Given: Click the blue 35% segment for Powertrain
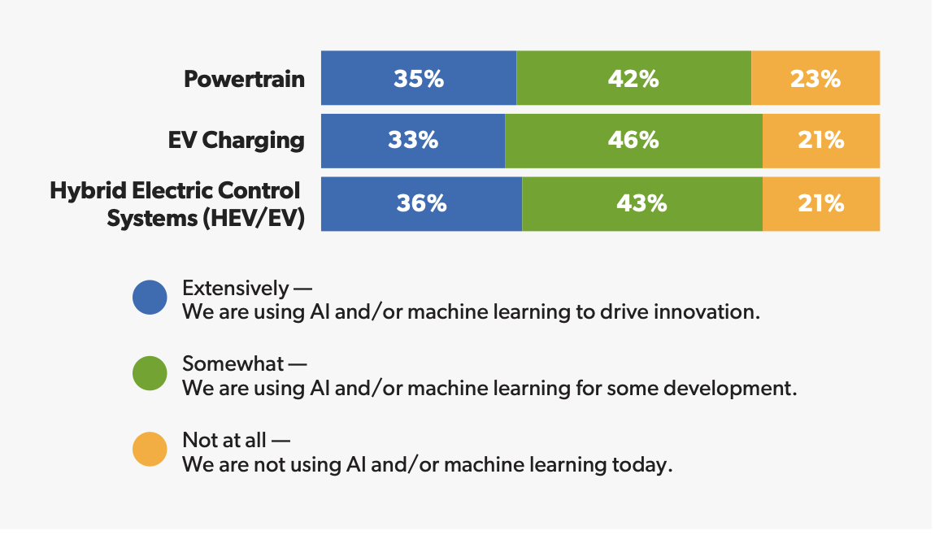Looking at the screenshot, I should [x=419, y=78].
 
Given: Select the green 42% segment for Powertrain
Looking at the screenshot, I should [x=633, y=78].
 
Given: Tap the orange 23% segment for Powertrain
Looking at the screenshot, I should [x=815, y=78].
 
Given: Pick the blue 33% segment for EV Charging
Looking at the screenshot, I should [x=413, y=141].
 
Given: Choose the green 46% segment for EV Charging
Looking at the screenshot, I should [x=633, y=141].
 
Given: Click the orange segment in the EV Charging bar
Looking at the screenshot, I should [x=821, y=141].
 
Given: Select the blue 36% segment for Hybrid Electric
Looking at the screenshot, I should [x=421, y=203].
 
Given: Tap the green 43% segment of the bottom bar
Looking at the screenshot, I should [x=641, y=203].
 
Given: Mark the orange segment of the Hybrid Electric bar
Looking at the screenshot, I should [x=821, y=203].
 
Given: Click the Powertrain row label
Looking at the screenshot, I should [x=244, y=79].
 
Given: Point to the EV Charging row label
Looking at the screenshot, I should [x=236, y=140].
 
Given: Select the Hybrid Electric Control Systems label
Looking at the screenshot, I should [x=176, y=203].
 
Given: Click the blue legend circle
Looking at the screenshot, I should [x=150, y=298].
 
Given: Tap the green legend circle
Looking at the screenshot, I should [x=150, y=373].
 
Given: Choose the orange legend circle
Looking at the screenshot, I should [x=150, y=450].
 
